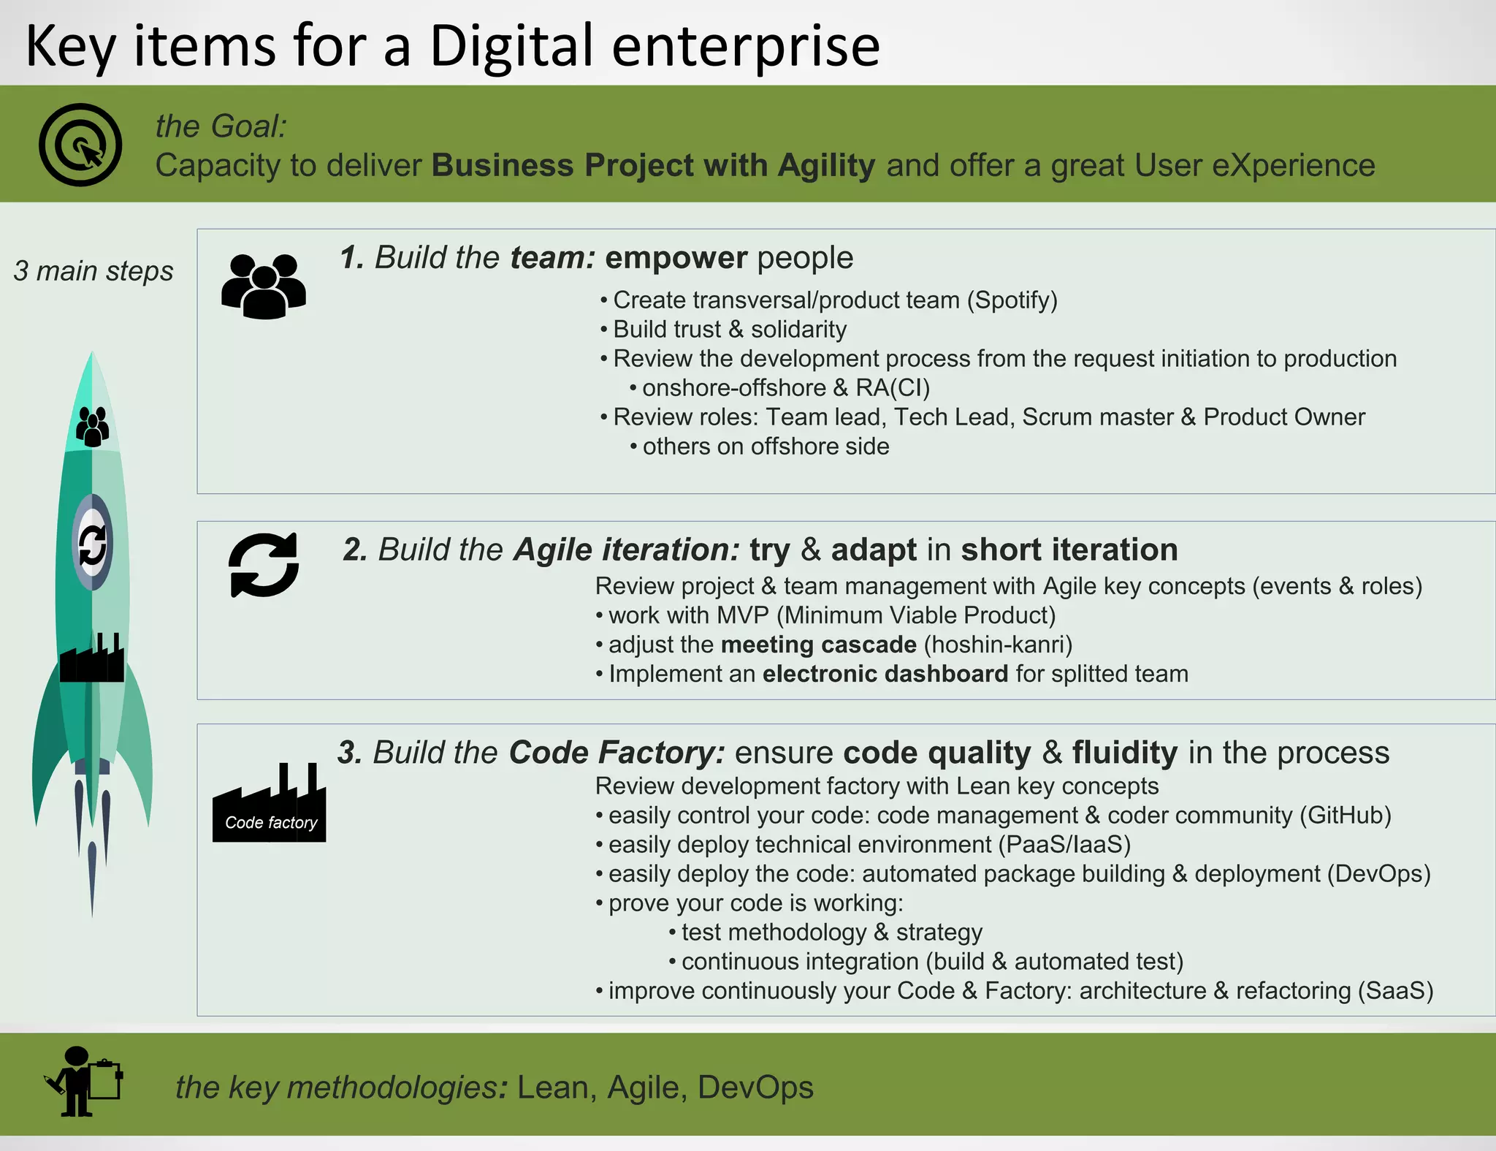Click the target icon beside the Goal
80,145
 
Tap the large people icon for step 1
264,286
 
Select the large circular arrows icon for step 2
264,565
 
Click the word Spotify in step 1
1012,300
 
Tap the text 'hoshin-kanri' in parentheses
998,645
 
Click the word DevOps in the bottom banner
755,1087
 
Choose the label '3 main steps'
93,271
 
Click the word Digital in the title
511,46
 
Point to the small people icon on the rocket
93,426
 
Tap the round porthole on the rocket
93,543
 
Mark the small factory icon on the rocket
92,658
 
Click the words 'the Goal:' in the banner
221,126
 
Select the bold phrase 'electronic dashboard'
885,674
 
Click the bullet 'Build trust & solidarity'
729,330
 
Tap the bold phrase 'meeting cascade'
818,645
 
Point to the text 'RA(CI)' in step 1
893,388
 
